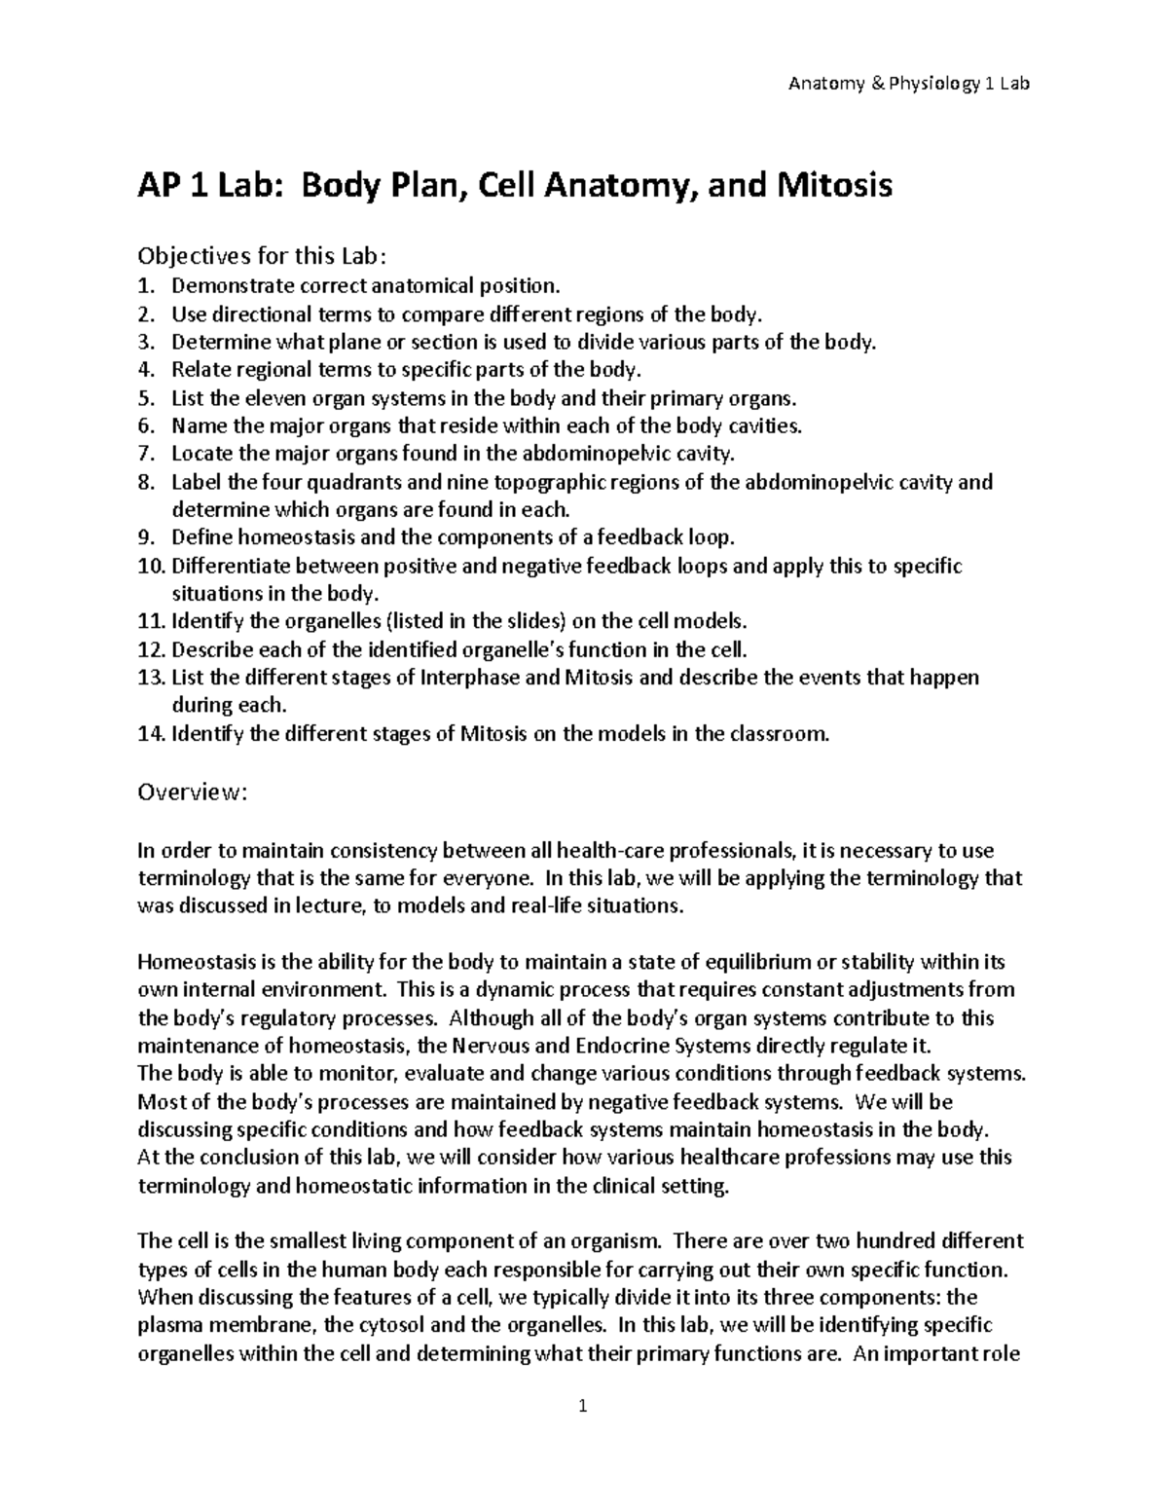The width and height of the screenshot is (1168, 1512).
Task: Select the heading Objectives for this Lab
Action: click(x=262, y=256)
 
